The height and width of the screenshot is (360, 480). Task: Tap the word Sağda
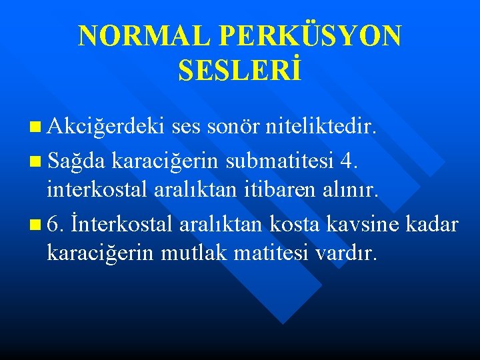click(77, 160)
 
